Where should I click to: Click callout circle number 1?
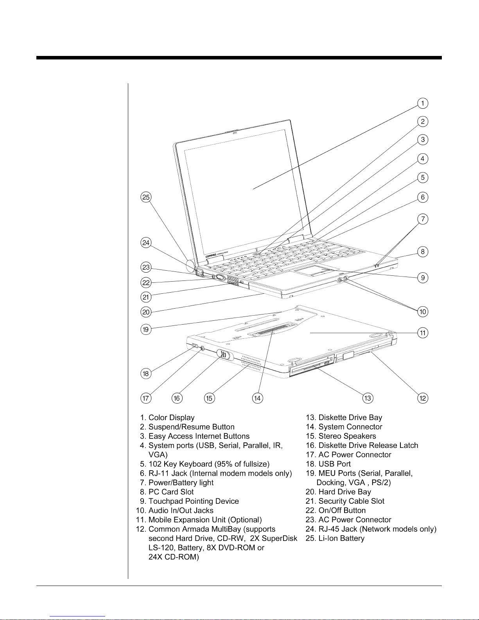pyautogui.click(x=423, y=103)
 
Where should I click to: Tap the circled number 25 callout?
pyautogui.click(x=146, y=197)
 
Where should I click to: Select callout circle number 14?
pyautogui.click(x=257, y=398)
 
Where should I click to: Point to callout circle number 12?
pyautogui.click(x=423, y=398)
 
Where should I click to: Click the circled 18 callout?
pyautogui.click(x=146, y=374)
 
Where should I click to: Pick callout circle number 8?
pyautogui.click(x=423, y=252)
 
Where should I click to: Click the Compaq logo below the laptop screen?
pyautogui.click(x=212, y=257)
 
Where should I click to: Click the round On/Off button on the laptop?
pyautogui.click(x=220, y=278)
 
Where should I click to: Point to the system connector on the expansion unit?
pyautogui.click(x=269, y=331)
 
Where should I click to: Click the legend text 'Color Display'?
pyautogui.click(x=171, y=418)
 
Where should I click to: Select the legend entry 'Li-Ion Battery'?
pyautogui.click(x=341, y=538)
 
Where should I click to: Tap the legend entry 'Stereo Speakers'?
pyautogui.click(x=347, y=436)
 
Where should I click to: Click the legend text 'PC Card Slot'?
pyautogui.click(x=171, y=492)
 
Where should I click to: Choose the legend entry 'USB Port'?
pyautogui.click(x=334, y=464)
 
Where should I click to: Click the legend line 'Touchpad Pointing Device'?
pyautogui.click(x=194, y=501)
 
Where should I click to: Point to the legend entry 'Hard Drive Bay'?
pyautogui.click(x=344, y=492)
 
